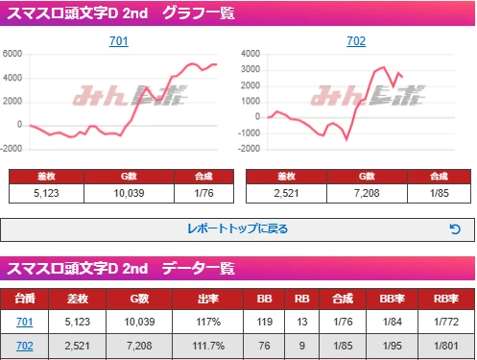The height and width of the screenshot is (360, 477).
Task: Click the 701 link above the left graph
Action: coord(119,42)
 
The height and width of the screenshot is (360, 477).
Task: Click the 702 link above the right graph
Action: coord(356,42)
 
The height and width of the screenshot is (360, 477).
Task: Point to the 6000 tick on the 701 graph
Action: coord(12,53)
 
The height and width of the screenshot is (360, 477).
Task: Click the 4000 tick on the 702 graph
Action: coord(250,53)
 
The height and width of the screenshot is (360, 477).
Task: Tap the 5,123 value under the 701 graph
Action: coord(47,193)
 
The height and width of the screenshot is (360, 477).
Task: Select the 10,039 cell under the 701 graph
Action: coord(130,193)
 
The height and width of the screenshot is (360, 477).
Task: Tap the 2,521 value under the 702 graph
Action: coord(285,193)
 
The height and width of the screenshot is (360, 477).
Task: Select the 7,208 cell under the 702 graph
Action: coord(367,193)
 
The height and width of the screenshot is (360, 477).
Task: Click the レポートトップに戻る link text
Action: coord(237,229)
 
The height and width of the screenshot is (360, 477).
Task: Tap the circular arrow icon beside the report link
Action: coord(455,229)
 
